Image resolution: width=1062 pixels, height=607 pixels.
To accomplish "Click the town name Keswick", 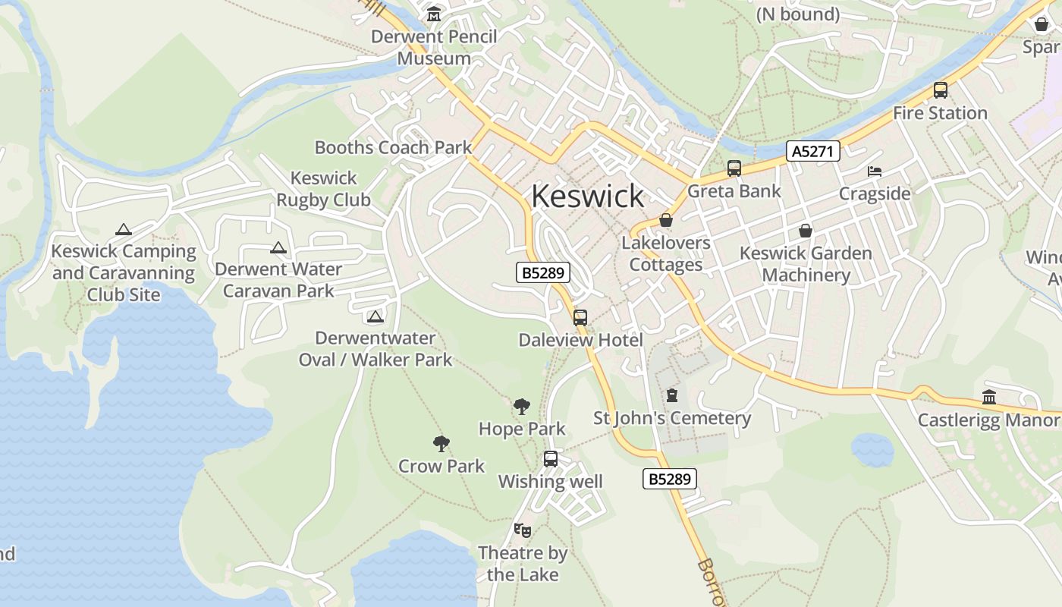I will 588,196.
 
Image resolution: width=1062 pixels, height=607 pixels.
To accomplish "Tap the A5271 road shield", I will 812,151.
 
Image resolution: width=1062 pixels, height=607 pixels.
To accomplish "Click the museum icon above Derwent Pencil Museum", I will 434,14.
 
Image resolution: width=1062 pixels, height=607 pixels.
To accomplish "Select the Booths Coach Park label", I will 393,147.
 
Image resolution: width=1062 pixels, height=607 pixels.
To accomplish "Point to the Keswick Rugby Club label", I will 323,189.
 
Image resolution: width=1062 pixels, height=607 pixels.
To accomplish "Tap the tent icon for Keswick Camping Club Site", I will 124,229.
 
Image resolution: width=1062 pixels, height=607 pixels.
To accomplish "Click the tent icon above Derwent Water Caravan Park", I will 278,247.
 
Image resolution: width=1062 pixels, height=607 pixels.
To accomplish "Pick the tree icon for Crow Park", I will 441,444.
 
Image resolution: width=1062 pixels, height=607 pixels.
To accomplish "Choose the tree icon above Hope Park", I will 522,407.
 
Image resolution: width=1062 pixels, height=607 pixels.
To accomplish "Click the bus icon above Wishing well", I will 551,459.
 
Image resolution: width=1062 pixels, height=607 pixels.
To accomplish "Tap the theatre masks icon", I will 522,530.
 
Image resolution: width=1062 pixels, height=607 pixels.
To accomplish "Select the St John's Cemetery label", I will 672,418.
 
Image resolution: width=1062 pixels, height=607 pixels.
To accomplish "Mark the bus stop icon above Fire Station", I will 941,90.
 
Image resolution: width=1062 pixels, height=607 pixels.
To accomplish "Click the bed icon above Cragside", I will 875,171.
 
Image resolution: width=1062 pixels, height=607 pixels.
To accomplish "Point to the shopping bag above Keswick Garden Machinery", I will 806,231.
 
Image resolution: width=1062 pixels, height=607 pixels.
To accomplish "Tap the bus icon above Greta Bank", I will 734,168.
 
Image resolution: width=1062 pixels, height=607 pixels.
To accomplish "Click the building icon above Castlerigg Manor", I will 988,397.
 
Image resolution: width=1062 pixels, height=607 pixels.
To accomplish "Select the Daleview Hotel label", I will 580,340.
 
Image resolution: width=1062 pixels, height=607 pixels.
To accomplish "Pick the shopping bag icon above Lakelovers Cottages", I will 666,220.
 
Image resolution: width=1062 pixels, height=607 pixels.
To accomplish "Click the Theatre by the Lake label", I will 523,564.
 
